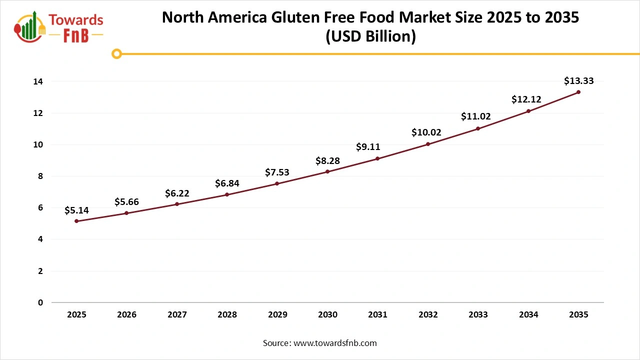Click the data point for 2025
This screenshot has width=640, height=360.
coord(76,221)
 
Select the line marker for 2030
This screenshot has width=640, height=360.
coord(327,171)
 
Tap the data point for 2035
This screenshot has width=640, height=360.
coord(578,92)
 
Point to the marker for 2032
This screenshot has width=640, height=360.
coord(428,144)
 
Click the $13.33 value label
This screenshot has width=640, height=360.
coord(578,80)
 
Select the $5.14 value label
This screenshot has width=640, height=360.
coord(76,210)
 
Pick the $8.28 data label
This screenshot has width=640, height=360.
coord(327,160)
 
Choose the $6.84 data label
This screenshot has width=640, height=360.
coord(227,183)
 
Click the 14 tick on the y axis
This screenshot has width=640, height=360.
coord(38,81)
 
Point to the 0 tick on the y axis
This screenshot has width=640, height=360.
coord(40,302)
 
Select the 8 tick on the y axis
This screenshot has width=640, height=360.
coord(40,176)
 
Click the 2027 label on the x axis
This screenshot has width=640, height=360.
coord(177,314)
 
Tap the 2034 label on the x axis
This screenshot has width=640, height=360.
coord(528,314)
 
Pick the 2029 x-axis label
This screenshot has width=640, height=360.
coord(277,314)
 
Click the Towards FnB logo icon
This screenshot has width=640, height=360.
coord(29,26)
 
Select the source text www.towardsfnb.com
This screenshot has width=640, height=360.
coord(335,343)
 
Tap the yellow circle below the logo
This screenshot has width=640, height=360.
coord(116,53)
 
